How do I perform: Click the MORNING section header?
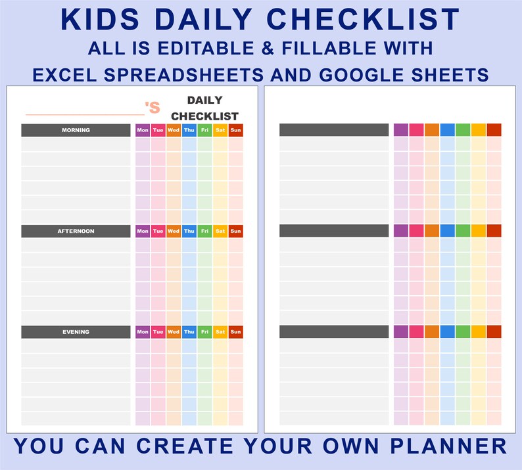click(x=76, y=130)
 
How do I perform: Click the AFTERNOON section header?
click(x=76, y=231)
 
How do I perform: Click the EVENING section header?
click(x=76, y=332)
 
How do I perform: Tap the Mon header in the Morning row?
click(x=143, y=130)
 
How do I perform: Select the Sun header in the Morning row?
click(x=235, y=130)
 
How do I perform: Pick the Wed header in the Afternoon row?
click(x=174, y=231)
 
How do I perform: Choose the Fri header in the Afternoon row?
click(x=204, y=231)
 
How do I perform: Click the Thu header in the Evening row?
click(x=189, y=332)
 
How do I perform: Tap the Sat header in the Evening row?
click(x=220, y=332)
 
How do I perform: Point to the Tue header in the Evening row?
click(x=158, y=332)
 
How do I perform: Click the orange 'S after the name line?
click(x=153, y=108)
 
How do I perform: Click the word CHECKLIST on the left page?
click(x=205, y=116)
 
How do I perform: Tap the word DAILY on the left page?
click(x=205, y=101)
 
